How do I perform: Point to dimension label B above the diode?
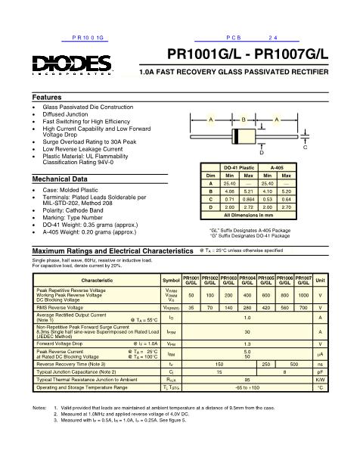pyautogui.click(x=244, y=120)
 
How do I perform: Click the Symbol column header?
pyautogui.click(x=172, y=281)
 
